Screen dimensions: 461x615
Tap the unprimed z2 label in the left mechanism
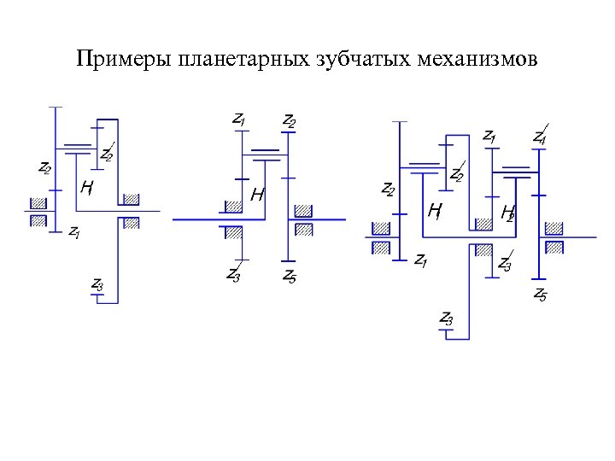tap(44, 168)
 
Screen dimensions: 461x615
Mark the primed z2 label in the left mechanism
tap(107, 155)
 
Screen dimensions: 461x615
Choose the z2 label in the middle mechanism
tap(290, 120)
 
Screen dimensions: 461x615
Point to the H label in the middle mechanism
tap(256, 195)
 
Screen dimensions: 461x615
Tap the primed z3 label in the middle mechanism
tap(233, 274)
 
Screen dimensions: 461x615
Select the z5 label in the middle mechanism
tap(290, 275)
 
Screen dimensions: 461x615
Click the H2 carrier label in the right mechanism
tap(507, 211)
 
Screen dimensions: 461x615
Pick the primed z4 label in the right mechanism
tap(541, 137)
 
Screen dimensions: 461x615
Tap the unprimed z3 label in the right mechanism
tap(446, 318)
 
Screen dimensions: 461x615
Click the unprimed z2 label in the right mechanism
tap(388, 189)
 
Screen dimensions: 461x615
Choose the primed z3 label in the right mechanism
tap(505, 266)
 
